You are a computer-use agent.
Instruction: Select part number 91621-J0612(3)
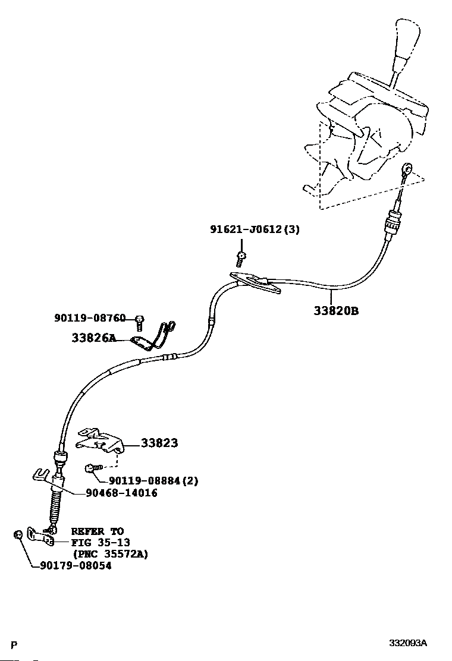point(255,230)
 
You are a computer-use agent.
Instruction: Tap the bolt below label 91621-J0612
point(241,259)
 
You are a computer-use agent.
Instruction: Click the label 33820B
point(336,311)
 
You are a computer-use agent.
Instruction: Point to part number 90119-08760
point(90,318)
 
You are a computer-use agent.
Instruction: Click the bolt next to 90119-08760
point(140,323)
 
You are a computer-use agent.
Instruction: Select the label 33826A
point(93,338)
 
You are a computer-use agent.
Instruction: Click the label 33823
point(159,443)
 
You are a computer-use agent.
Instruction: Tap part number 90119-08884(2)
point(153,480)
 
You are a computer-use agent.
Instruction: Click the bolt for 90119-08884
point(93,468)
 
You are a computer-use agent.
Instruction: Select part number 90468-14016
point(121,493)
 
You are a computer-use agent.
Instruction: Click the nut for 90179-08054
point(18,534)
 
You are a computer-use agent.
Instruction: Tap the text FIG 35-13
point(101,543)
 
